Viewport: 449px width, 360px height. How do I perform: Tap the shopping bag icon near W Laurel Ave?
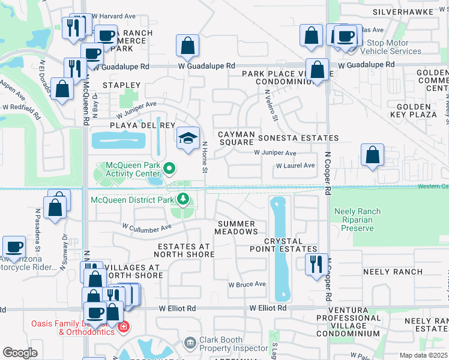[x=373, y=155]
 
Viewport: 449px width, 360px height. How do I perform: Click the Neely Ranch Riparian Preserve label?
[x=357, y=220]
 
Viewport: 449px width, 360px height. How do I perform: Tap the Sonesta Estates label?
[x=298, y=138]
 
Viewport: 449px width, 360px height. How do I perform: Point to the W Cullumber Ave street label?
[x=147, y=227]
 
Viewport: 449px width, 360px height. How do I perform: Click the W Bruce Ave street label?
[x=247, y=284]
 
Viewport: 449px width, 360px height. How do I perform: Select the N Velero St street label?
[x=271, y=106]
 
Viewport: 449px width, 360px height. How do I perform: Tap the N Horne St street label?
[x=205, y=158]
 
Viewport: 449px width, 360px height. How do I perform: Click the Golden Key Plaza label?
[x=416, y=118]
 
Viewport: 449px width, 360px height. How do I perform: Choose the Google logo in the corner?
[x=20, y=353]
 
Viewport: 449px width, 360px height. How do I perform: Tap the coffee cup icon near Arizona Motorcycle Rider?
[x=14, y=247]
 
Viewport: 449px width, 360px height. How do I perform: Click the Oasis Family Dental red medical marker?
[x=123, y=328]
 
